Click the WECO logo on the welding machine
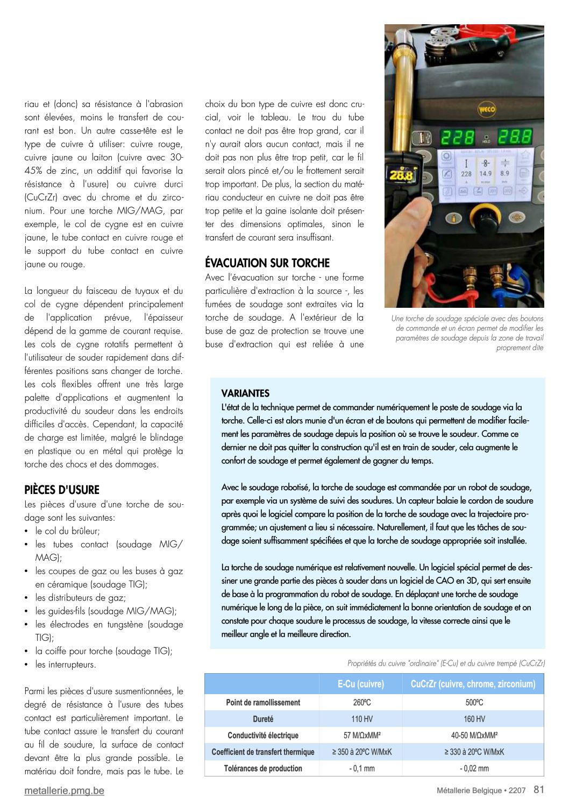pyautogui.click(x=487, y=110)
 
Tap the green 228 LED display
pyautogui.click(x=458, y=138)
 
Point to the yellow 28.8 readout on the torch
pyautogui.click(x=401, y=175)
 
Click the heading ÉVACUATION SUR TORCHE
pyautogui.click(x=267, y=263)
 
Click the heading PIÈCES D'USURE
pyautogui.click(x=62, y=490)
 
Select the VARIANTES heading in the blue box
pyautogui.click(x=245, y=393)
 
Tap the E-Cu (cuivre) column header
pyautogui.click(x=360, y=684)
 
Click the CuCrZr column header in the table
pyautogui.click(x=473, y=684)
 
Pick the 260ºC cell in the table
pyautogui.click(x=362, y=702)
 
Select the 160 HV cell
pyautogui.click(x=474, y=719)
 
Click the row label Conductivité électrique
pyautogui.click(x=262, y=736)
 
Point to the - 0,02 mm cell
pyautogui.click(x=474, y=768)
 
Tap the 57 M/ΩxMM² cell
pyautogui.click(x=362, y=736)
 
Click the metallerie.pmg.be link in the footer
pyautogui.click(x=64, y=790)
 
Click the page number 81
pyautogui.click(x=539, y=789)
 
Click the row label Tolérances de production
pyautogui.click(x=262, y=768)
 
